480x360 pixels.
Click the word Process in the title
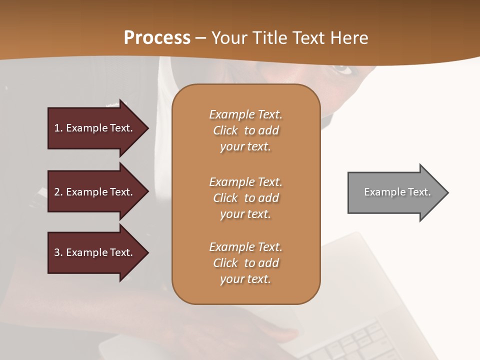point(157,38)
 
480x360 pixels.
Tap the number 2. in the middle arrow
point(58,192)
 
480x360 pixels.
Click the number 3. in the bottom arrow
point(58,252)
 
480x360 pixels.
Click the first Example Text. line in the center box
point(245,114)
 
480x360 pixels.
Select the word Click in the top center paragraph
point(225,130)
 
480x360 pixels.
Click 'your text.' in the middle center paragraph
point(245,214)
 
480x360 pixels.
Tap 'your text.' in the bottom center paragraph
point(245,279)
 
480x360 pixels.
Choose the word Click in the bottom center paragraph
point(225,263)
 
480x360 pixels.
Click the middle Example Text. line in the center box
point(245,182)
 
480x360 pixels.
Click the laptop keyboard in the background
point(370,342)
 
